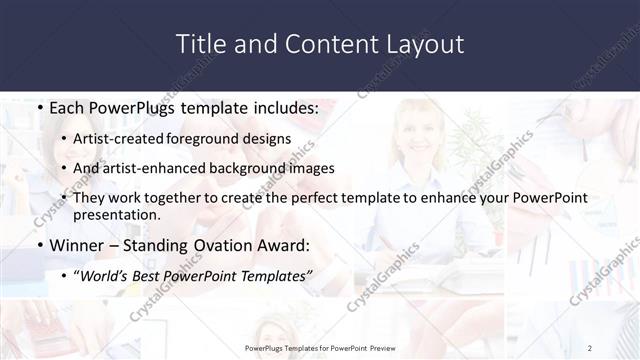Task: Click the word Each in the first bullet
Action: pyautogui.click(x=70, y=107)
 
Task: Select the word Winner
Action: pyautogui.click(x=77, y=245)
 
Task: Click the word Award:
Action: pyautogui.click(x=284, y=245)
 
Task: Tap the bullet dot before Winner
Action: pyautogui.click(x=39, y=246)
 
